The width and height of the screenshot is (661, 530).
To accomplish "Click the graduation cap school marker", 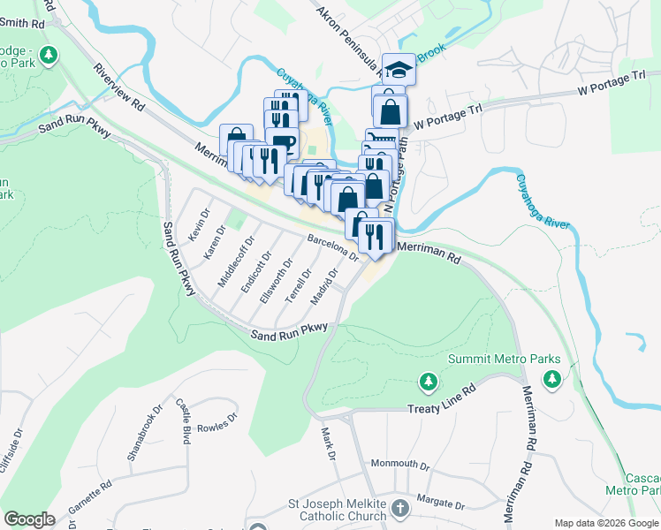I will pos(399,69).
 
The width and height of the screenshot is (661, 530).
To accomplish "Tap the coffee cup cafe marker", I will pos(282,143).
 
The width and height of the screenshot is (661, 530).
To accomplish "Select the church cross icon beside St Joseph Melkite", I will pos(400,509).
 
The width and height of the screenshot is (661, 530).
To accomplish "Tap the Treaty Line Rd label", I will pos(442,409).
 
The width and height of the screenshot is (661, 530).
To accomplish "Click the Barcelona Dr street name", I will pos(332,246).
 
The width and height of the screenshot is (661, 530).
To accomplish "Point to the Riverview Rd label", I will pos(118,86).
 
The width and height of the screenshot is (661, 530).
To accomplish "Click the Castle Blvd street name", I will pos(184,422).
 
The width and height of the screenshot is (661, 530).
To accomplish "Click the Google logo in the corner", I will pos(29,519).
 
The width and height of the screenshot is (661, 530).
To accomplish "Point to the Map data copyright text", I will pos(606,523).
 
